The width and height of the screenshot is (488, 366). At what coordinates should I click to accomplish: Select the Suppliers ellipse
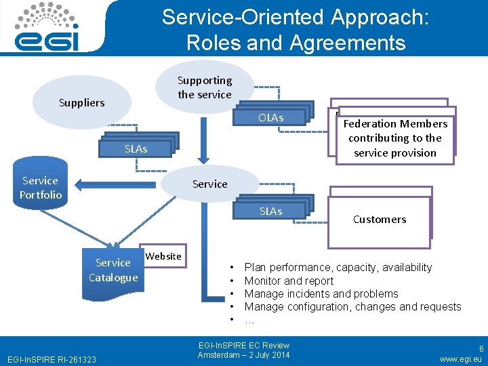pyautogui.click(x=82, y=103)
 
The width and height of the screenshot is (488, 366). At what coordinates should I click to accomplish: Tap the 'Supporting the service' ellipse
pyautogui.click(x=205, y=87)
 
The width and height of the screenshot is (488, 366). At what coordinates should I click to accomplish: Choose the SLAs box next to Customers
pyautogui.click(x=270, y=211)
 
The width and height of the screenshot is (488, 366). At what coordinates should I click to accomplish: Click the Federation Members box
pyautogui.click(x=395, y=138)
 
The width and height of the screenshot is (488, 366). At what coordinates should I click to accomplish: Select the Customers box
pyautogui.click(x=380, y=220)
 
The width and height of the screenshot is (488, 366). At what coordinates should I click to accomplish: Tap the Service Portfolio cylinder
pyautogui.click(x=41, y=188)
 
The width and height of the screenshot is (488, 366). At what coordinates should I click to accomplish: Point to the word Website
pyautogui.click(x=163, y=256)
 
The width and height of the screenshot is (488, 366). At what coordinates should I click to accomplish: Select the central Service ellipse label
pyautogui.click(x=210, y=184)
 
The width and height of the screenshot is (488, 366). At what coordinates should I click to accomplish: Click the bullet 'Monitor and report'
pyautogui.click(x=289, y=281)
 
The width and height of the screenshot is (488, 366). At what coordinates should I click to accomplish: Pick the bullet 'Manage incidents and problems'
pyautogui.click(x=321, y=293)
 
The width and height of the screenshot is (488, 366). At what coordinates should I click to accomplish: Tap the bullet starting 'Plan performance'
pyautogui.click(x=338, y=268)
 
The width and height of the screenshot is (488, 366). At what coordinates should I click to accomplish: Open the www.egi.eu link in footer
pyautogui.click(x=460, y=359)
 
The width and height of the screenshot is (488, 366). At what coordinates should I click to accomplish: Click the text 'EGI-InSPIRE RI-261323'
pyautogui.click(x=51, y=359)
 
